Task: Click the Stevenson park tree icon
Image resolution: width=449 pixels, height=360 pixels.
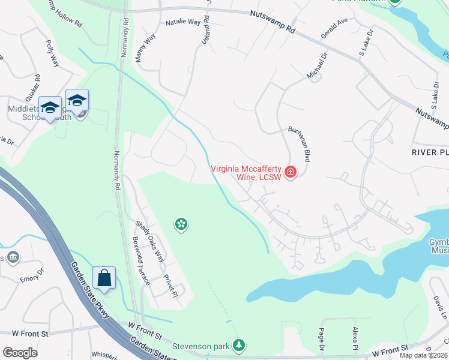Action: pyautogui.click(x=240, y=345)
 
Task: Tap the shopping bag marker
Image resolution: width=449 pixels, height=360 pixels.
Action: pyautogui.click(x=104, y=278)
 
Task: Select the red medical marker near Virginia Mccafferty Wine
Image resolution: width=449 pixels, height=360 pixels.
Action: pyautogui.click(x=291, y=173)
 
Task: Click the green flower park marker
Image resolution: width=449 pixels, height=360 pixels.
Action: pyautogui.click(x=181, y=224)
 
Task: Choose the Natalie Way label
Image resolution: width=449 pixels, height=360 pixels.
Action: pyautogui.click(x=183, y=23)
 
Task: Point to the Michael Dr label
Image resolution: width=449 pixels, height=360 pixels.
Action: pyautogui.click(x=317, y=66)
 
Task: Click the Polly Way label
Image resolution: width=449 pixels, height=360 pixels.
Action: pyautogui.click(x=52, y=53)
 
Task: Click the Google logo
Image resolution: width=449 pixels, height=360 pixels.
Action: pyautogui.click(x=20, y=353)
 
